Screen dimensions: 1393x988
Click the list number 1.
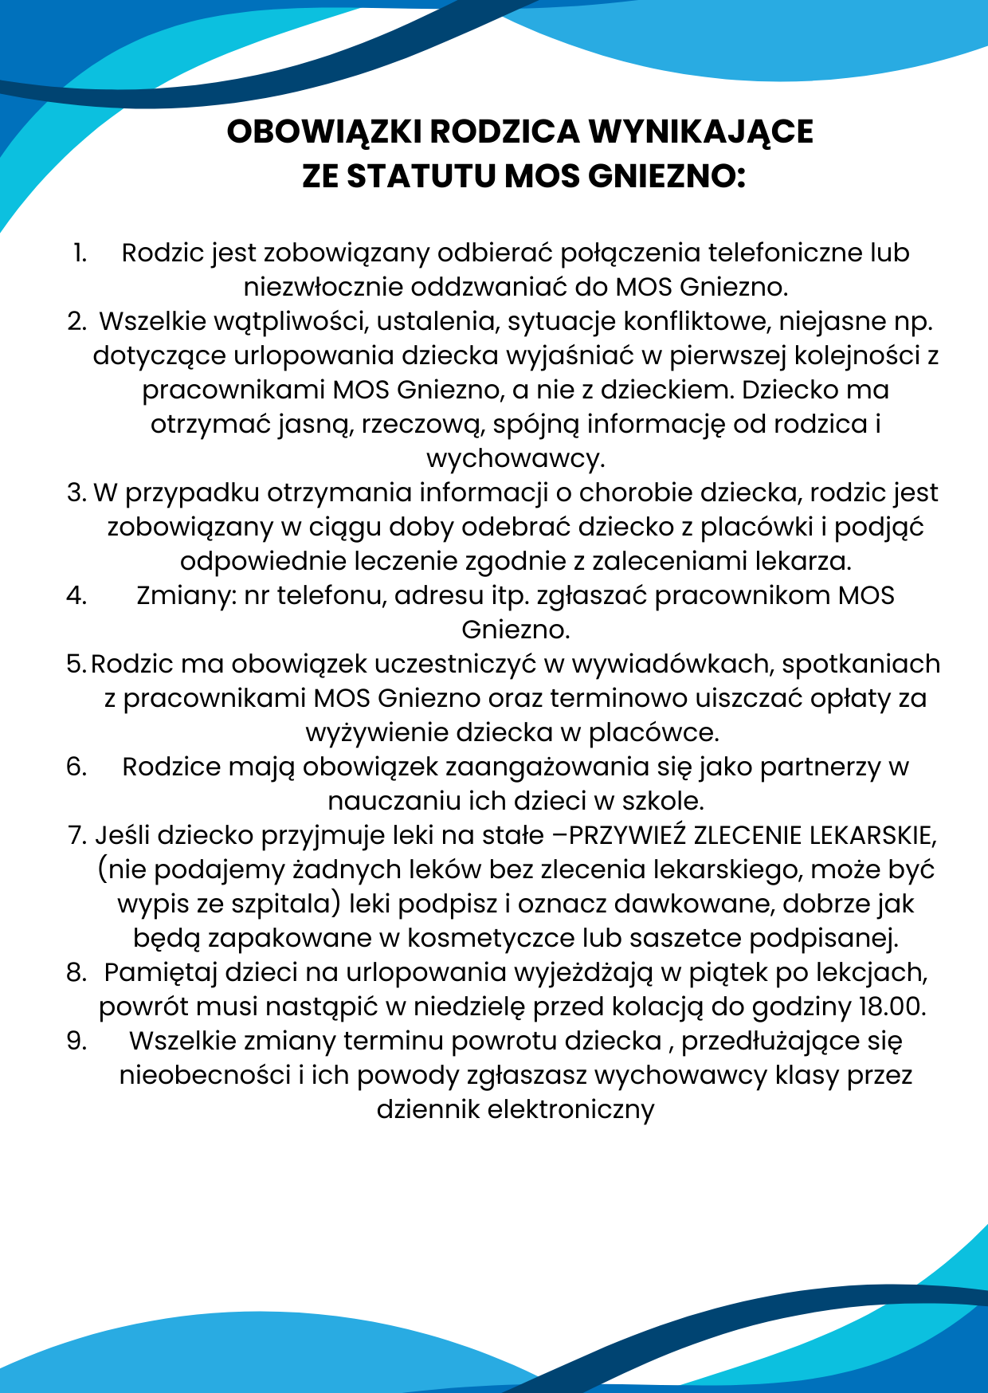(x=79, y=253)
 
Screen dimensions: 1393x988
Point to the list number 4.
(x=76, y=595)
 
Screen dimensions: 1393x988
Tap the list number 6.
(x=76, y=767)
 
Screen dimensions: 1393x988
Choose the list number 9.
(x=76, y=1041)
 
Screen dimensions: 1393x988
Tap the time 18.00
(x=892, y=1006)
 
